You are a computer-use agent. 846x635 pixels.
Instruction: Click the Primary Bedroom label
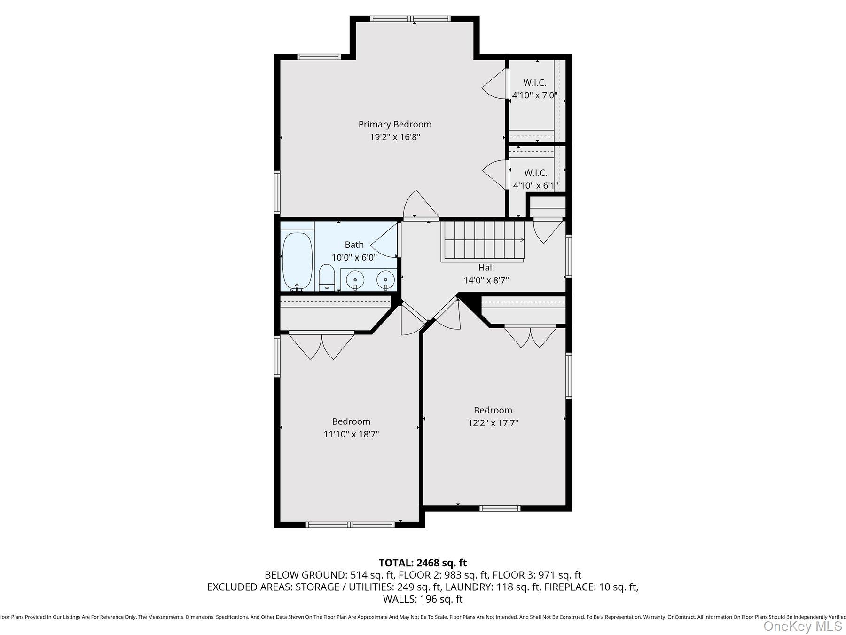tap(395, 124)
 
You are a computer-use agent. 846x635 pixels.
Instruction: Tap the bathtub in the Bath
tap(297, 261)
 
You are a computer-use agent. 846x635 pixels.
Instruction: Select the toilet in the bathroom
tap(326, 278)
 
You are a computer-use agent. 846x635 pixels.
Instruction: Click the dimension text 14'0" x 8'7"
tap(486, 280)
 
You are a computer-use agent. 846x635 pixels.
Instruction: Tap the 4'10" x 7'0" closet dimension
tap(534, 95)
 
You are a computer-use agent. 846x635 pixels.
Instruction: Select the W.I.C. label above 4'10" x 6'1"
tap(535, 173)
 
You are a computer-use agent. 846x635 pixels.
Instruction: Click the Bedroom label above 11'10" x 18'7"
tap(351, 421)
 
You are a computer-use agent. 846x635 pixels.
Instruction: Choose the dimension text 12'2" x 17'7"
tap(493, 423)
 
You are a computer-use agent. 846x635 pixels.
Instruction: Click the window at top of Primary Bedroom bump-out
tap(410, 19)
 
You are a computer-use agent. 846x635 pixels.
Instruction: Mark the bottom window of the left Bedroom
tap(350, 524)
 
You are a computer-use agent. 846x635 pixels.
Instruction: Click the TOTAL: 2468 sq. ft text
tap(423, 563)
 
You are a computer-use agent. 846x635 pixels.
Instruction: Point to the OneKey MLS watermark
tap(802, 626)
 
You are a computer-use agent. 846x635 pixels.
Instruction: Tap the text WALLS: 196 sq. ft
tap(423, 599)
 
